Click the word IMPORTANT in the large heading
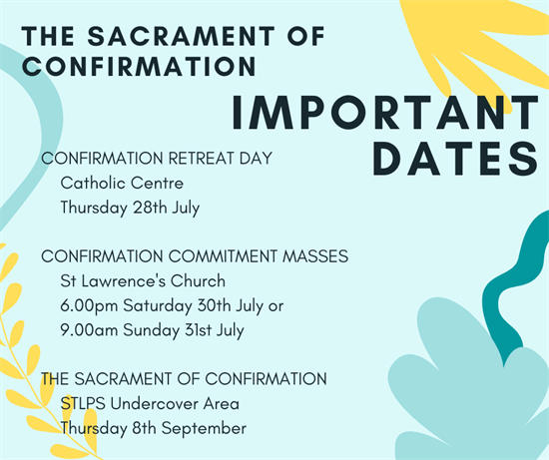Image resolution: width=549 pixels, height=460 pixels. pyautogui.click(x=385, y=113)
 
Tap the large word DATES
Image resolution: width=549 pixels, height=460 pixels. pyautogui.click(x=455, y=159)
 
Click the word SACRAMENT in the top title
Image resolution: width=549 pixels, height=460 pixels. pyautogui.click(x=181, y=36)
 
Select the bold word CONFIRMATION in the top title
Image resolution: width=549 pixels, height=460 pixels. pyautogui.click(x=139, y=66)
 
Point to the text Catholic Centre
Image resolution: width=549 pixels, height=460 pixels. pyautogui.click(x=122, y=183)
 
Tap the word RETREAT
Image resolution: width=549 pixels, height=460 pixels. pyautogui.click(x=201, y=159)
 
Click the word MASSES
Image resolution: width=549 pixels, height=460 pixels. pyautogui.click(x=315, y=256)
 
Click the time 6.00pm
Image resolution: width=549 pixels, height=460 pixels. pyautogui.click(x=89, y=306)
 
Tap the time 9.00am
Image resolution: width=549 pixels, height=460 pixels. pyautogui.click(x=89, y=330)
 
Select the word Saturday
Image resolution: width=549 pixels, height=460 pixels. pyautogui.click(x=158, y=306)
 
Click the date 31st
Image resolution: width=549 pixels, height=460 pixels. pyautogui.click(x=198, y=330)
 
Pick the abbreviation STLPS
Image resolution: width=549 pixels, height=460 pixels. pyautogui.click(x=83, y=404)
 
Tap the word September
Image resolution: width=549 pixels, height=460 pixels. pyautogui.click(x=204, y=429)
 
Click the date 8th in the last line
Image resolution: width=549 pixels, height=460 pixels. pyautogui.click(x=144, y=428)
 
